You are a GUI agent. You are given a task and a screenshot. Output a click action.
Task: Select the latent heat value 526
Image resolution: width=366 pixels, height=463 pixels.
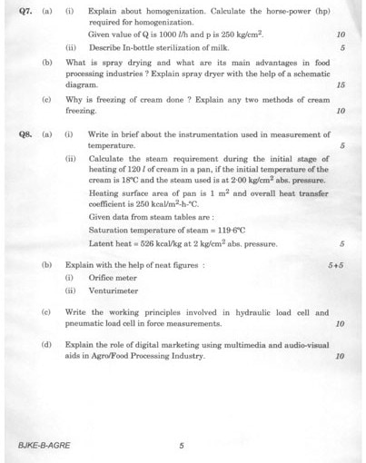click(x=143, y=243)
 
